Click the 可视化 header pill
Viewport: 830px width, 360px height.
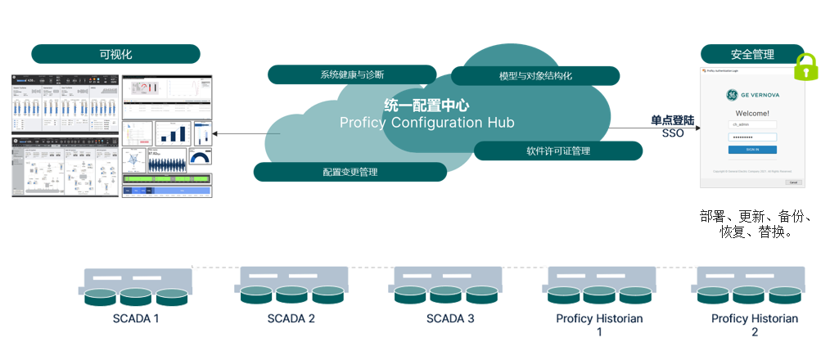pyautogui.click(x=115, y=54)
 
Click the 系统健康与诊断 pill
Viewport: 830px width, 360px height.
pyautogui.click(x=352, y=74)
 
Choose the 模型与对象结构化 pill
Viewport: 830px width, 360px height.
pyautogui.click(x=535, y=76)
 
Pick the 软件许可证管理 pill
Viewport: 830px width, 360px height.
pyautogui.click(x=558, y=151)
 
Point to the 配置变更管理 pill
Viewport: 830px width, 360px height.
pyautogui.click(x=350, y=172)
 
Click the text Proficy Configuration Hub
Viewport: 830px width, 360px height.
pyautogui.click(x=427, y=123)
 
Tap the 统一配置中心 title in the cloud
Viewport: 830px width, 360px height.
pyautogui.click(x=427, y=105)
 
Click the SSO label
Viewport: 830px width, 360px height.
pyautogui.click(x=672, y=133)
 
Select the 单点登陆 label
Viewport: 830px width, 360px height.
pyautogui.click(x=672, y=119)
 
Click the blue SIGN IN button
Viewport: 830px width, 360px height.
pyautogui.click(x=752, y=150)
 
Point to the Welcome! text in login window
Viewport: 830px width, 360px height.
pyautogui.click(x=752, y=113)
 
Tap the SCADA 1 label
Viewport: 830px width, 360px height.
pyautogui.click(x=135, y=318)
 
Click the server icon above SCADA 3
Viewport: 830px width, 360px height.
pyautogui.click(x=449, y=286)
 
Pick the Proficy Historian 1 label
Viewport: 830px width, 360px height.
pyautogui.click(x=599, y=325)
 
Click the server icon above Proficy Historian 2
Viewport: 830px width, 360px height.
pyautogui.click(x=754, y=286)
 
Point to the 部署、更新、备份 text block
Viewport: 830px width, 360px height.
pyautogui.click(x=755, y=224)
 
